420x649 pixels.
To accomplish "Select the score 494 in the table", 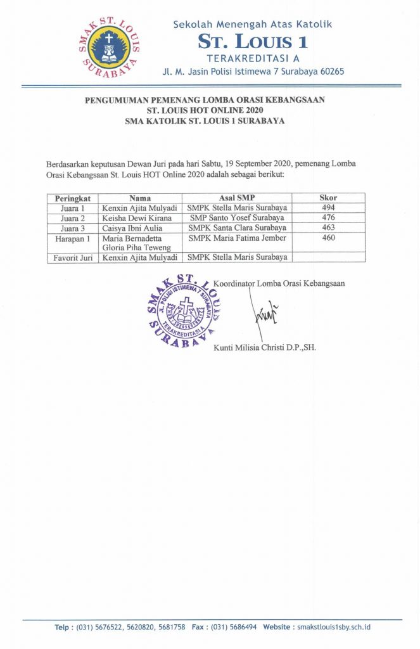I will (328, 207).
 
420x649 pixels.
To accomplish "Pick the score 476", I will (328, 217).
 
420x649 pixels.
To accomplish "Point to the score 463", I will (328, 227).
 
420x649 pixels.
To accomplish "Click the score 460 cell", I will (328, 237).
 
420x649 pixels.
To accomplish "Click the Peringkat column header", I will (72, 198).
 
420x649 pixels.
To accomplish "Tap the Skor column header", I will (328, 198).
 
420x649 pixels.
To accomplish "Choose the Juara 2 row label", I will (72, 217).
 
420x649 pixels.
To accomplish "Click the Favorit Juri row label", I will (72, 257).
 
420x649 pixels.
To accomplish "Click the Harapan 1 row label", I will (72, 237).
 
